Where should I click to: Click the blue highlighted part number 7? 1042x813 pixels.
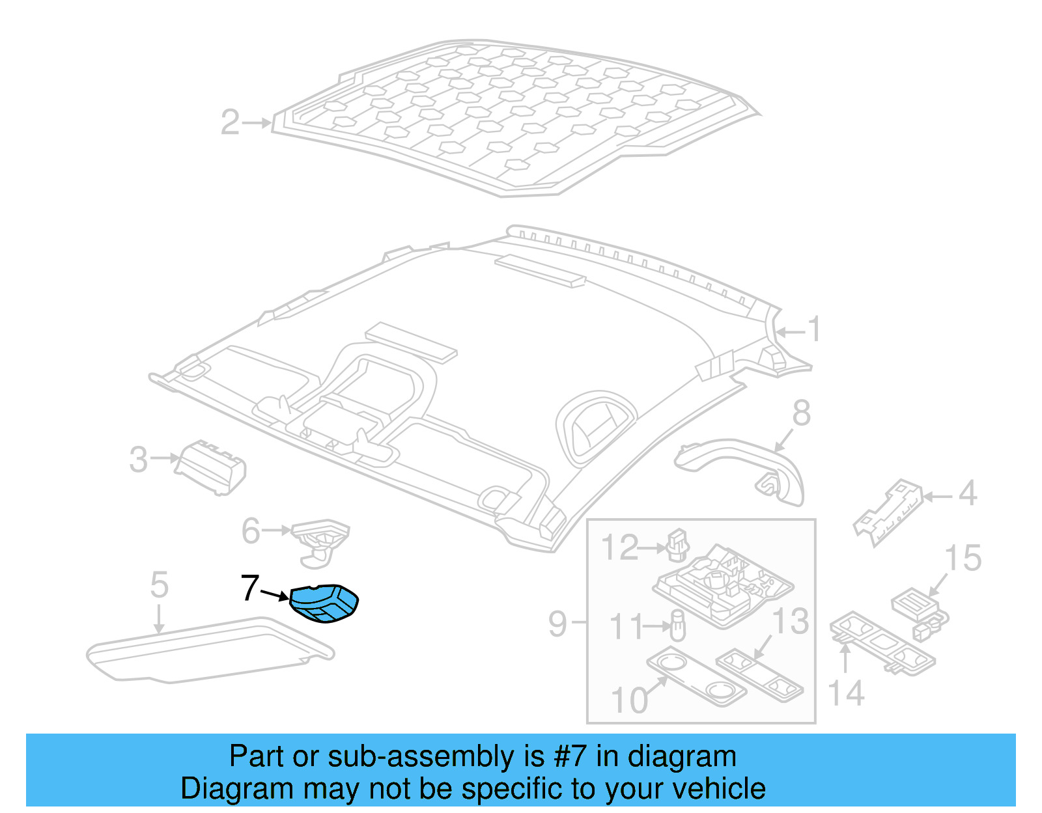click(x=324, y=603)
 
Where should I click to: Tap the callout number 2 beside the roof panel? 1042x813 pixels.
click(x=230, y=122)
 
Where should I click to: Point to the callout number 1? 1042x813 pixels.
click(x=814, y=329)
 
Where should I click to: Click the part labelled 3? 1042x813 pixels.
click(x=210, y=467)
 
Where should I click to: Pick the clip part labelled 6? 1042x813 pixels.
click(x=320, y=542)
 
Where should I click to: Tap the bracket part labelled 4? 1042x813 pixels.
click(x=888, y=512)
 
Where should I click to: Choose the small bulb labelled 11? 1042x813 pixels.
click(x=677, y=625)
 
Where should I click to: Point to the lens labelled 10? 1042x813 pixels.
click(x=696, y=676)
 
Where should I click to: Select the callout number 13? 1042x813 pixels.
click(x=791, y=622)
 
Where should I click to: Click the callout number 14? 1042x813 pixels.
click(x=847, y=693)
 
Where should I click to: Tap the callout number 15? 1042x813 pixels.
click(x=963, y=558)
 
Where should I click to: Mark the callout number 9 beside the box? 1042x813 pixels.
click(x=557, y=624)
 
